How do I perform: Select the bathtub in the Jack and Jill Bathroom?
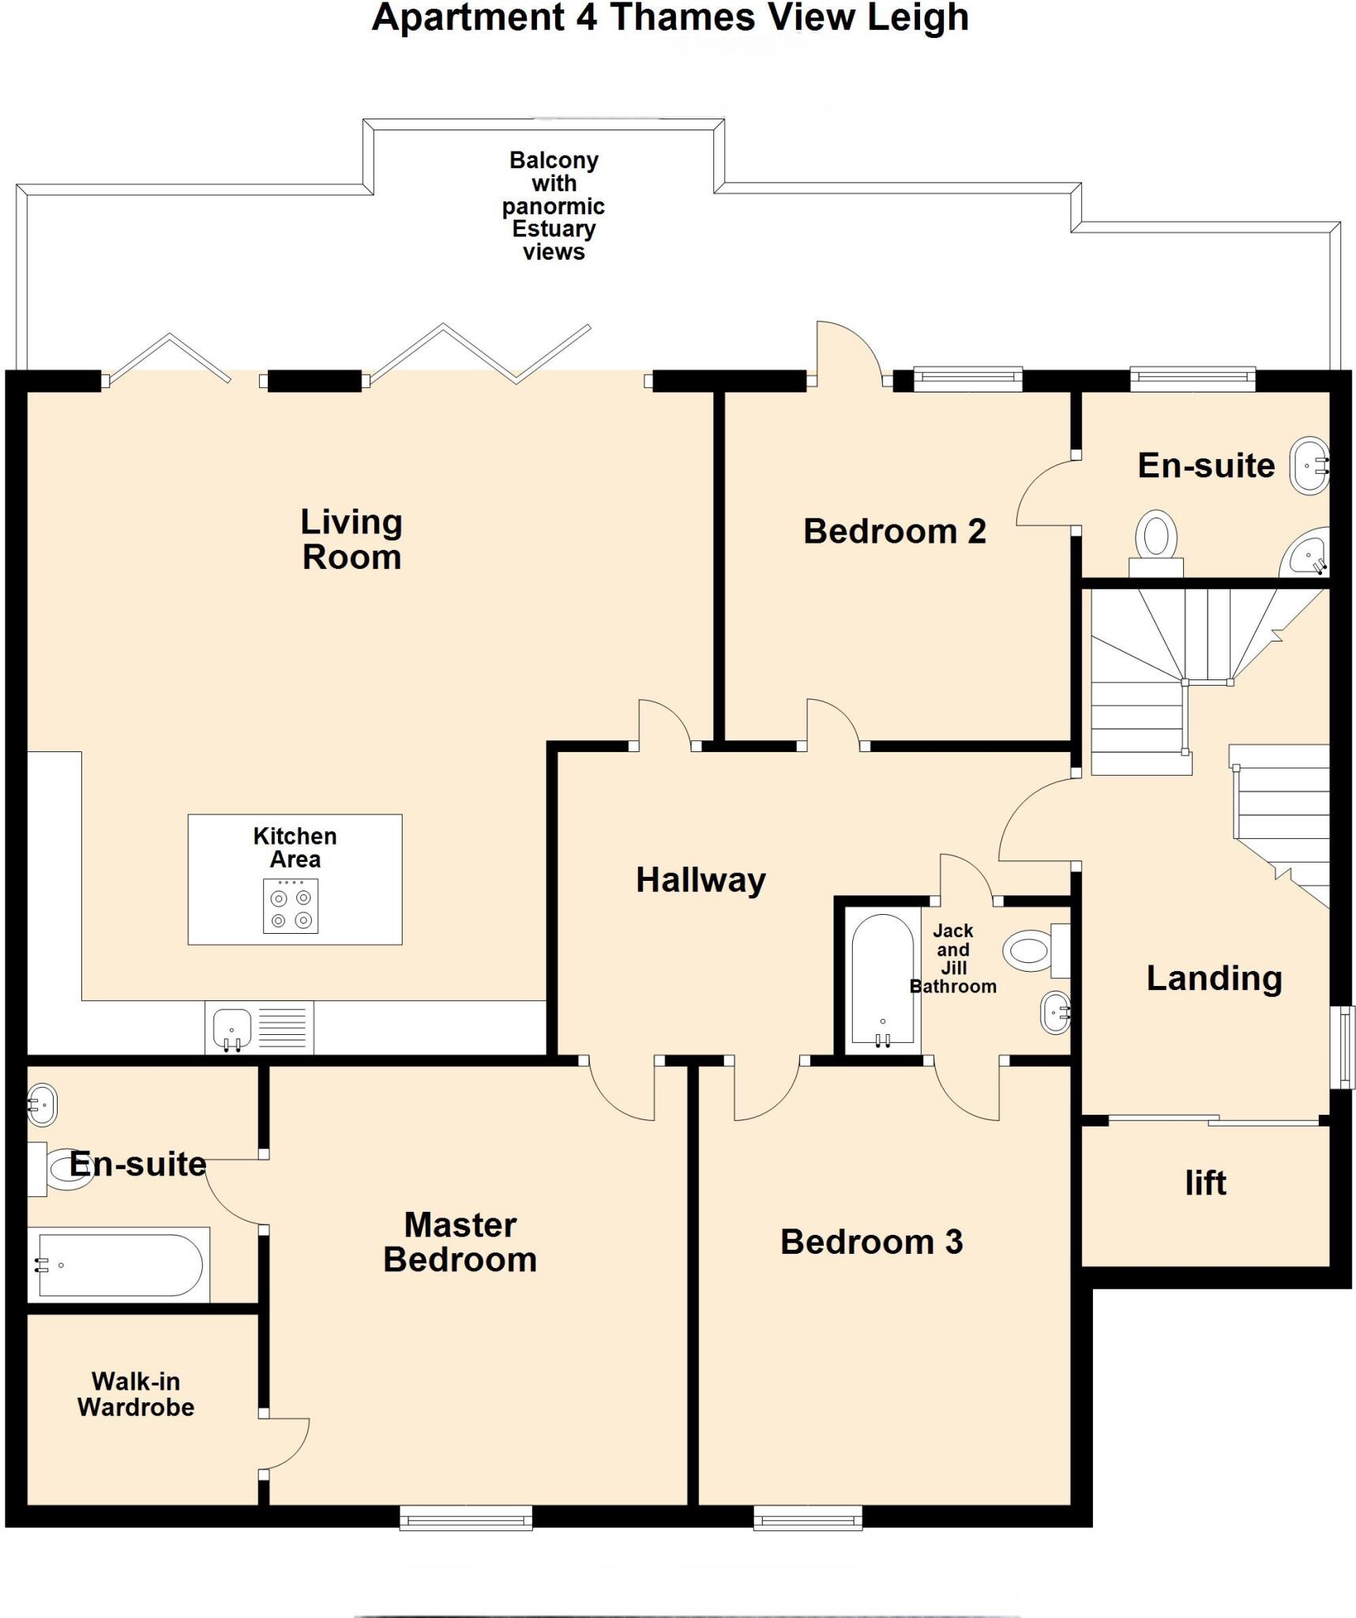[882, 980]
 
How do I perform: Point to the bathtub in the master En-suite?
[118, 1265]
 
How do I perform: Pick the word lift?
[1205, 1183]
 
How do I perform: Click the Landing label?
[1214, 978]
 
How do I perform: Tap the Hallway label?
[701, 880]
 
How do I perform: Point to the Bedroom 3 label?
[871, 1242]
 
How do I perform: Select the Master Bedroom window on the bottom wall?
[466, 1518]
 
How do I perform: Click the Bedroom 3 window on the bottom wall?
[807, 1518]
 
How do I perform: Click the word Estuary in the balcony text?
[554, 229]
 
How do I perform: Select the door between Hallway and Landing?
[1036, 822]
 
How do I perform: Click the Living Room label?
[351, 540]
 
